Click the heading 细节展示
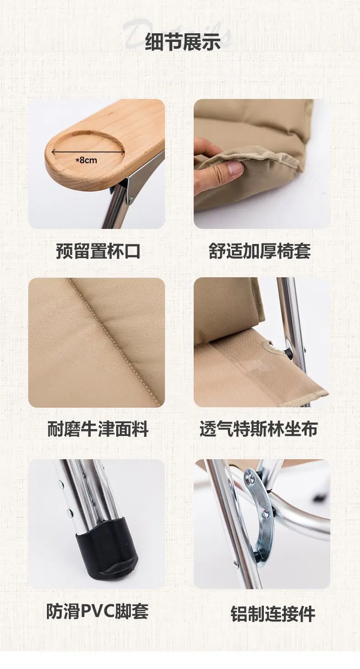pyautogui.click(x=183, y=42)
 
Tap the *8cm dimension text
pyautogui.click(x=86, y=161)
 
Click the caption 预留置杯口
pyautogui.click(x=98, y=251)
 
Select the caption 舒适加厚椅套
pyautogui.click(x=260, y=251)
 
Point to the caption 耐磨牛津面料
pyautogui.click(x=98, y=429)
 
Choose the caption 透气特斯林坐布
pyautogui.click(x=258, y=429)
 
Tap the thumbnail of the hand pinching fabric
pyautogui.click(x=262, y=164)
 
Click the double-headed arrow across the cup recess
pyautogui.click(x=88, y=152)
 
